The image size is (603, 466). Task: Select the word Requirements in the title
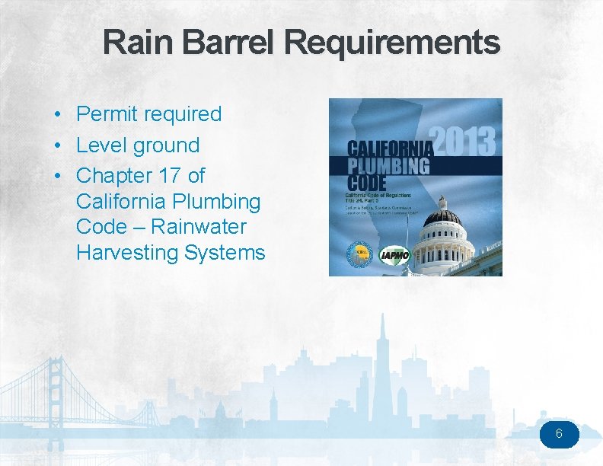(392, 43)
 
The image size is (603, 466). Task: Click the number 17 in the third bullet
(170, 176)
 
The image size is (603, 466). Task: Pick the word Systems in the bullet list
(225, 253)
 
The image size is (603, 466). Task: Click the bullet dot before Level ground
(58, 145)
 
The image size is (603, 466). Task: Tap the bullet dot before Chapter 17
(58, 176)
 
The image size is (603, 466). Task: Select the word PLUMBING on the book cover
(388, 165)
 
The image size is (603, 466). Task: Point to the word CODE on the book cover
(367, 183)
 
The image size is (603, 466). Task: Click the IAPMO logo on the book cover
(394, 254)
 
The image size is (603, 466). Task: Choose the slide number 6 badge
(560, 435)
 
